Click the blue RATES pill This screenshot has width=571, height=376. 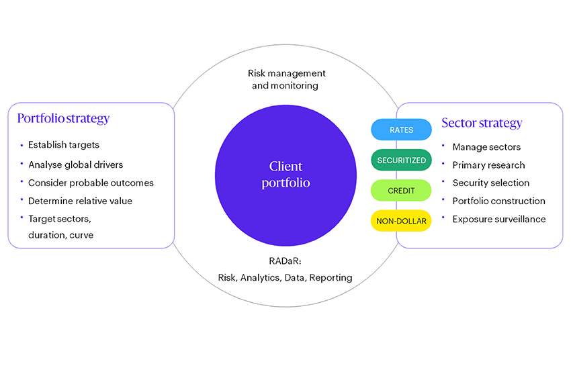coord(401,130)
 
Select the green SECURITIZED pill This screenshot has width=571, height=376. coord(401,160)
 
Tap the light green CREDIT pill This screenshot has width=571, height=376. coord(401,191)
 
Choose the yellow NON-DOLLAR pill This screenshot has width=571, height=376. coord(401,220)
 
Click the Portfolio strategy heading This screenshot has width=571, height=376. coord(63,119)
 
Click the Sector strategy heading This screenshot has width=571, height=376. coord(481,123)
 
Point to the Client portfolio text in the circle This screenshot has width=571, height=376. coord(285,174)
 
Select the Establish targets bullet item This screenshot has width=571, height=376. coord(64,144)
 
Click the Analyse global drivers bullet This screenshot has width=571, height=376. coord(76,164)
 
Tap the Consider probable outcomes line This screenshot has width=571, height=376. coord(91,183)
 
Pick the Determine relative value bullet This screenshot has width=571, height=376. coord(80,200)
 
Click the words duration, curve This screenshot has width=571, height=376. coord(61,235)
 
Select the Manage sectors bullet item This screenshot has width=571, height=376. coord(486,147)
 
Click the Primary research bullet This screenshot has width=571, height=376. coord(488,164)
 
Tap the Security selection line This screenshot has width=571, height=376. coord(491,183)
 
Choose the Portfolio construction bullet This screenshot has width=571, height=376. coord(498,201)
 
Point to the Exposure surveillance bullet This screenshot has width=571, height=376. coord(499,219)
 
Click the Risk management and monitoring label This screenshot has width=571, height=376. coord(286,79)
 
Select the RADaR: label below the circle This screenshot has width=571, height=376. coord(285,262)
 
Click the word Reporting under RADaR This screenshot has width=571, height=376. coord(330,277)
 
